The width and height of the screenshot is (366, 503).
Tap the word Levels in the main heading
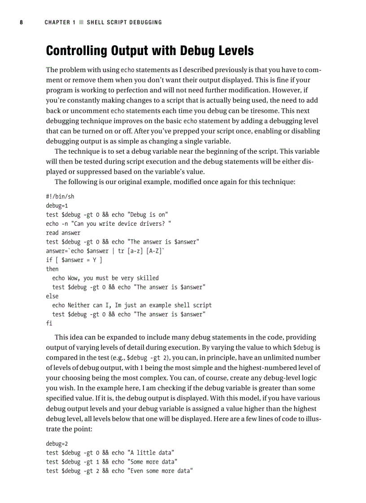point(232,51)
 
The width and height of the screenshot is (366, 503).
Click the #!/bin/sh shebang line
point(60,196)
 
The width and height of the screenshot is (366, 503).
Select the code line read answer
point(63,232)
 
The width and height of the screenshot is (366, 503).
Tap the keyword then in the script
point(52,269)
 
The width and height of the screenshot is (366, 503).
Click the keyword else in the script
point(52,296)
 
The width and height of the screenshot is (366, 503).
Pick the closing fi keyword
point(49,323)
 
